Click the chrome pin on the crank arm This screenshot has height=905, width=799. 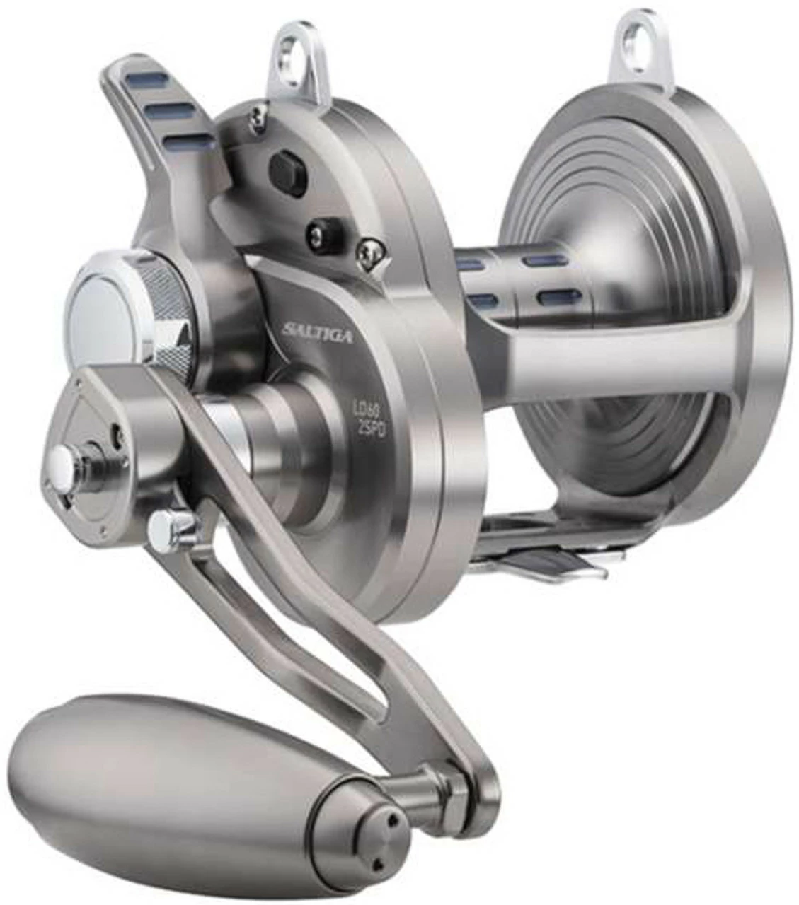(x=167, y=524)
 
